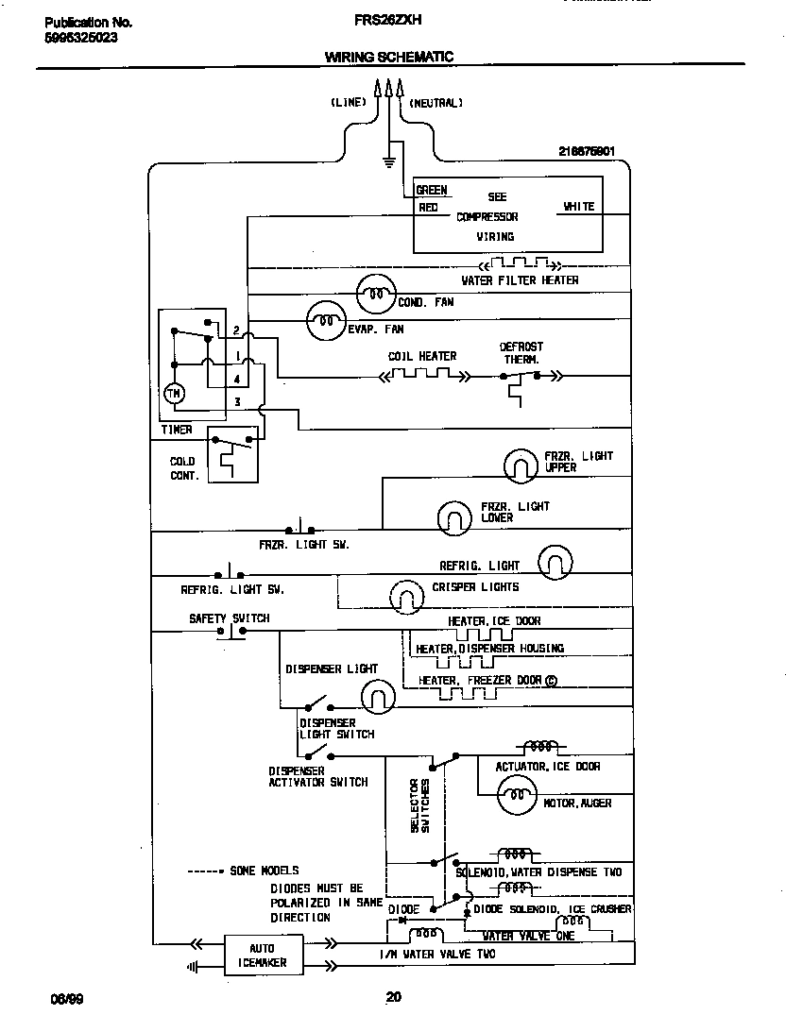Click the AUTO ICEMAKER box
pos(262,956)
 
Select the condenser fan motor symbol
pos(374,296)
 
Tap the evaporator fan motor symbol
pos(325,323)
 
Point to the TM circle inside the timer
pos(175,393)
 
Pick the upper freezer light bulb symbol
pos(520,465)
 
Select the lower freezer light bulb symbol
pos(453,516)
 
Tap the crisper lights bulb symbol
pos(408,595)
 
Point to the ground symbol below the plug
pos(388,161)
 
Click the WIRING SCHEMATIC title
pos(389,57)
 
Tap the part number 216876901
pos(587,151)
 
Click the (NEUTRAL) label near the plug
pos(436,102)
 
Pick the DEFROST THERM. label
pos(521,353)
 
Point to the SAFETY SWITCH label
pos(229,618)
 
